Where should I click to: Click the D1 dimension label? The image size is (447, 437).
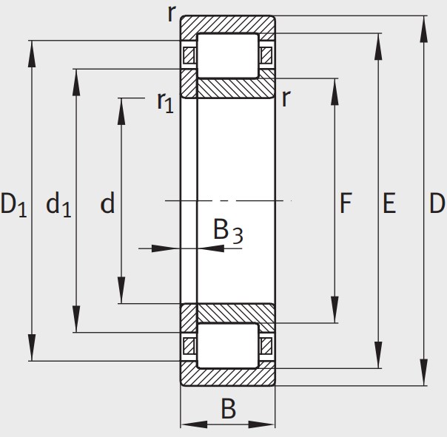click(13, 204)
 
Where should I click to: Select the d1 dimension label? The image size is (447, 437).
click(58, 204)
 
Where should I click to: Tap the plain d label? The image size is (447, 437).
click(107, 203)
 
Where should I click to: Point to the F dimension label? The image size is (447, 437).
click(346, 203)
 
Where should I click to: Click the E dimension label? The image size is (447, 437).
click(389, 203)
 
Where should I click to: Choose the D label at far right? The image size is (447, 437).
click(437, 203)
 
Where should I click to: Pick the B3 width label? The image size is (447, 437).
click(228, 231)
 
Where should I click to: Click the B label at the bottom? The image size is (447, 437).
click(229, 409)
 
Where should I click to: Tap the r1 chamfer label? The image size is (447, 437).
click(165, 102)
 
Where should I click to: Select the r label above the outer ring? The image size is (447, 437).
click(171, 13)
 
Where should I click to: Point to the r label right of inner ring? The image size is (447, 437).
click(286, 98)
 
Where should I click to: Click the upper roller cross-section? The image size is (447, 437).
click(228, 55)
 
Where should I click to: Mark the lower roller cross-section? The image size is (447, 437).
click(228, 345)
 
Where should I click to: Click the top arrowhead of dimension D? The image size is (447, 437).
click(424, 30)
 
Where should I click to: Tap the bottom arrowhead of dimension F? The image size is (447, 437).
click(335, 309)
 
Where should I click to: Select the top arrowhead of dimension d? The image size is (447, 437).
click(121, 112)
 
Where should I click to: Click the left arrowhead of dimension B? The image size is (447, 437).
click(194, 424)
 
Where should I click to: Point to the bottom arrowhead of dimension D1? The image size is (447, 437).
click(32, 348)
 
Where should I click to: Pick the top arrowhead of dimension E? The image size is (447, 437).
click(378, 47)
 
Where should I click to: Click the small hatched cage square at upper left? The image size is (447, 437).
click(189, 55)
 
